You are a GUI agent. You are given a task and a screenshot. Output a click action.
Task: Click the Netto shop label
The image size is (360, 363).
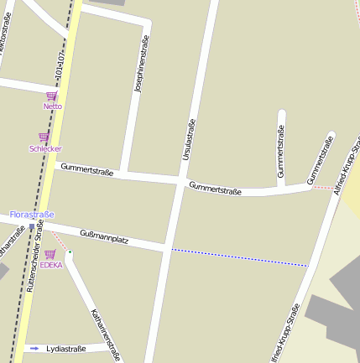click(x=53, y=106)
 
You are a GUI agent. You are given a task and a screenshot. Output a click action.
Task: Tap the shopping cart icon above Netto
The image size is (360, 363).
click(x=52, y=96)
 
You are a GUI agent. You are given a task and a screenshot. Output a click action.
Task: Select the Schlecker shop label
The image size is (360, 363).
click(x=45, y=148)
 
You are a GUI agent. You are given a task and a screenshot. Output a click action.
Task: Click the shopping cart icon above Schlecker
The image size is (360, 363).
click(x=44, y=137)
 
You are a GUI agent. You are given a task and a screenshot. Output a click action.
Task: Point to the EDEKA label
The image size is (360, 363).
click(x=51, y=265)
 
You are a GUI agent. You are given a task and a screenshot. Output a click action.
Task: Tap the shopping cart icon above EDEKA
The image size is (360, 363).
click(x=50, y=254)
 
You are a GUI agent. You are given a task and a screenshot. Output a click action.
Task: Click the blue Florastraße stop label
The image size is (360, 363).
click(x=31, y=215)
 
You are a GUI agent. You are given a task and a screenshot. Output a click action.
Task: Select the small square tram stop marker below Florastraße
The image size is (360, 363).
click(x=32, y=226)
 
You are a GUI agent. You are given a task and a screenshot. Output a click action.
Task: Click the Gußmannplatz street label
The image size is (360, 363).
click(x=103, y=237)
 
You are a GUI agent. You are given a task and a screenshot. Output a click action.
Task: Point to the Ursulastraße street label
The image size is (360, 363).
click(x=188, y=139)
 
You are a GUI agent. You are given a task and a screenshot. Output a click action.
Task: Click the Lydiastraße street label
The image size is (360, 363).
click(x=66, y=347)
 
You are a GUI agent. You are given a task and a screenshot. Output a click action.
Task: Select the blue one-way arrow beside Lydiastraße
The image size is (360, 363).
click(x=34, y=347)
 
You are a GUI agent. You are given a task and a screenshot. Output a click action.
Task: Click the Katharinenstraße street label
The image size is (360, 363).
click(x=106, y=334)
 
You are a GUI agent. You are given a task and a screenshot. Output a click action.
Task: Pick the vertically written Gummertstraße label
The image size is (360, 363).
click(x=280, y=151)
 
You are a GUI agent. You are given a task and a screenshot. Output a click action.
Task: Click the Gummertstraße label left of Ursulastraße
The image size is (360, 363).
click(x=86, y=170)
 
